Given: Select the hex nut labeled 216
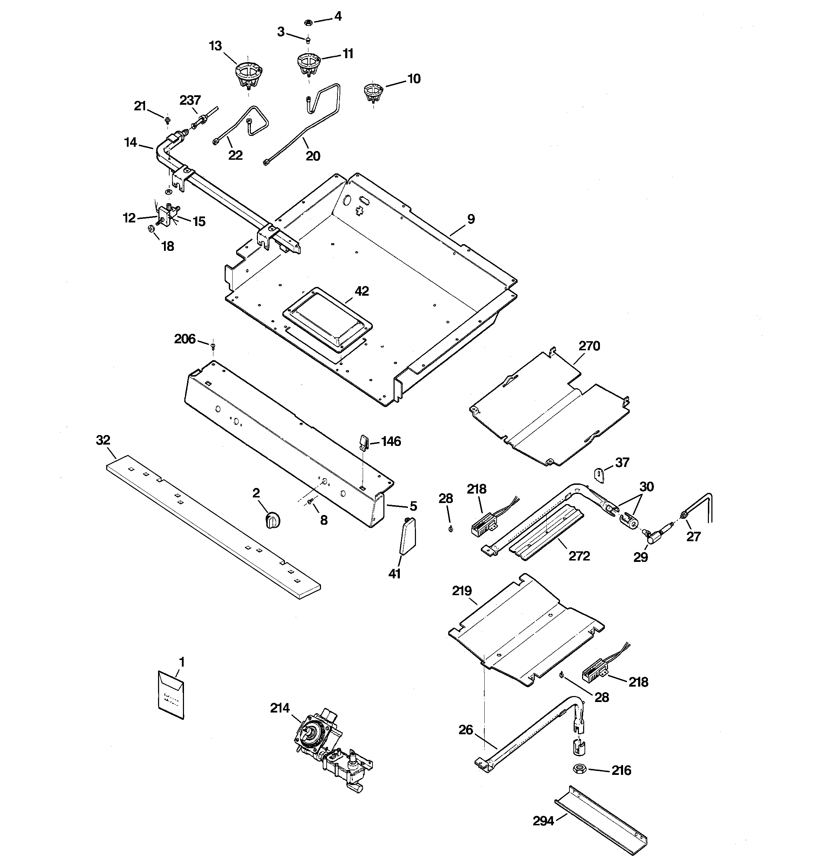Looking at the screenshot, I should tap(580, 769).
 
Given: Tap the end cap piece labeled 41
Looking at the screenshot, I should tap(408, 536).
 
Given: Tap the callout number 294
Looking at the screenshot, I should tap(543, 821).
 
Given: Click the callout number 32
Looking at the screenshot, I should tap(103, 440).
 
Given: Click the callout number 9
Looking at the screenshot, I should tap(471, 219).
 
